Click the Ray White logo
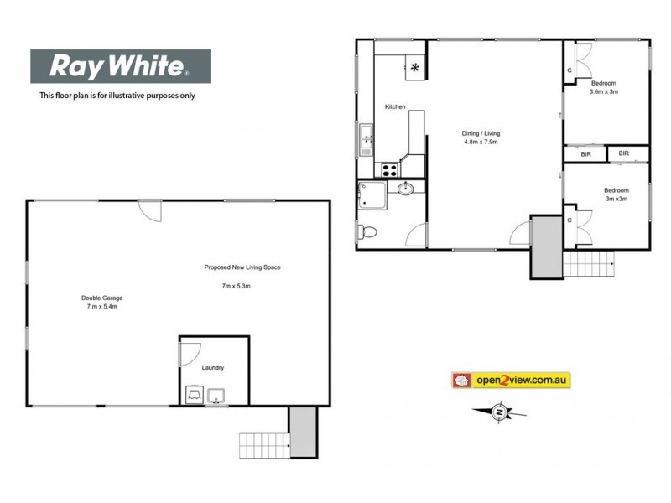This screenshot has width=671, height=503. pos(120,65)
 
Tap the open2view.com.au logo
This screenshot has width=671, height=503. pos(511,381)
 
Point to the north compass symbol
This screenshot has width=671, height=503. pos(499,411)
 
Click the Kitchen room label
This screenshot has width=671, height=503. pos(395,107)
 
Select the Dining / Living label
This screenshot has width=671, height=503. pos(481,132)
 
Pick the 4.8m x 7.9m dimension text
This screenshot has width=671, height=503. pos(481,143)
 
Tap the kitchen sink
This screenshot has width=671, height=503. pos(366,140)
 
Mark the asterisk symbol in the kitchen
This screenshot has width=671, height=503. pos(415,67)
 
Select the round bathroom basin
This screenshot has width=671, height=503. pos(406,188)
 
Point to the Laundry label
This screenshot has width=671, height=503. pos(213,368)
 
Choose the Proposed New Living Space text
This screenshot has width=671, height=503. pos(242,267)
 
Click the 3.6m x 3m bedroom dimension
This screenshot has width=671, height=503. pos(604,92)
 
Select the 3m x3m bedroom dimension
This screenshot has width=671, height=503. pos(616,200)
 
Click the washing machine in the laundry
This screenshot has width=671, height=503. pos(194,394)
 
